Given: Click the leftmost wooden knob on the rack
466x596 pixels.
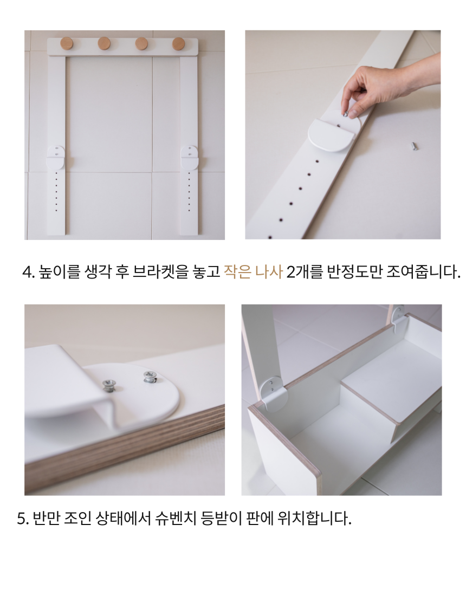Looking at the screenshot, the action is point(67,44).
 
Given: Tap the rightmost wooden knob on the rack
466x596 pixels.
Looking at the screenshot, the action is point(178,44).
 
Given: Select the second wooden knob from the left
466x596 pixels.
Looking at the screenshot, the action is point(104,44).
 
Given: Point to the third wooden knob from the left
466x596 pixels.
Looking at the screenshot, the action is point(141,44).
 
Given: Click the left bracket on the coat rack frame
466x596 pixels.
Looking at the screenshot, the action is point(55,157).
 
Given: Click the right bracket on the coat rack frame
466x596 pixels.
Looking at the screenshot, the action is point(189,157).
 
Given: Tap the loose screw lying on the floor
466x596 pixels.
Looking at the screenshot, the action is point(414,146).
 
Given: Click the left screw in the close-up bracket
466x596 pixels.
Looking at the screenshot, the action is point(109,386).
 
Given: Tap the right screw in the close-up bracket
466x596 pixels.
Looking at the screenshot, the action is point(150,377).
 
